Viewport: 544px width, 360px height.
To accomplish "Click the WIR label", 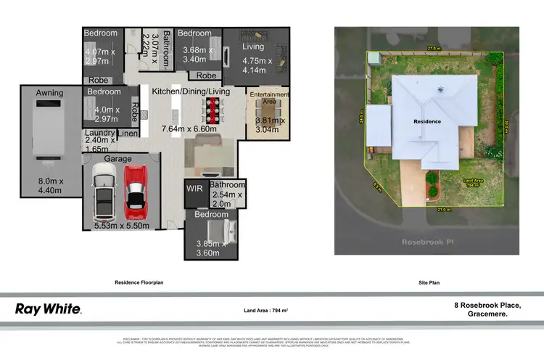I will click(x=194, y=188).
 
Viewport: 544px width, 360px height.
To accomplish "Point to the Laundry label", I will click(x=99, y=133).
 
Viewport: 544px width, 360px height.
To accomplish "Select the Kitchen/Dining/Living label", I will click(x=191, y=91).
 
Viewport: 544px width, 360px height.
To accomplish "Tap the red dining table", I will click(x=213, y=110).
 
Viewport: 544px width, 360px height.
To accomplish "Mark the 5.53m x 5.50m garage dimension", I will click(x=122, y=226).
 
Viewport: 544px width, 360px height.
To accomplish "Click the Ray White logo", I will click(x=49, y=309).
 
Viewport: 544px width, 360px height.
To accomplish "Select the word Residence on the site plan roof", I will click(x=427, y=121).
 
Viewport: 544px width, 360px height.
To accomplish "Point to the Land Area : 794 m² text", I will click(x=267, y=311).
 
